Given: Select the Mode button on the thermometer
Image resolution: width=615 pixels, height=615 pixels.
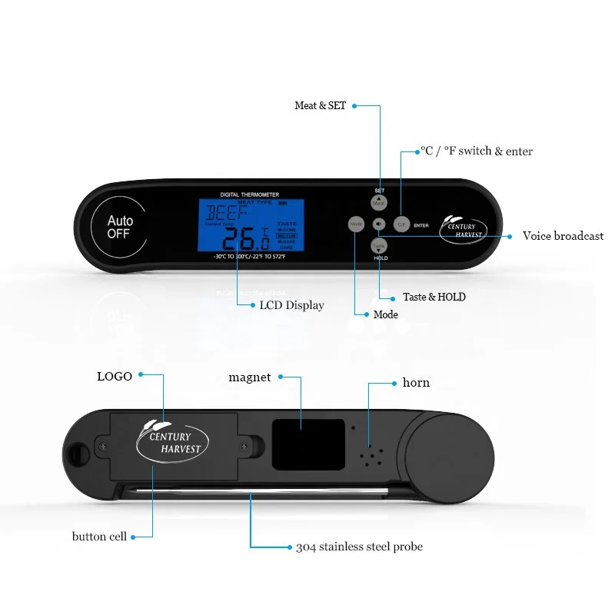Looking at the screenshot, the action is (x=356, y=224).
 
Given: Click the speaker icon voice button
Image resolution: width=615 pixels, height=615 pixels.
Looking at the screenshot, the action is (x=379, y=224).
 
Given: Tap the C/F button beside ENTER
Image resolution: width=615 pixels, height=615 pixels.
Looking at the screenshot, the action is (x=401, y=224).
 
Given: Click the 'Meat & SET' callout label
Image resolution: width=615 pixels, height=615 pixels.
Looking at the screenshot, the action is (x=320, y=105).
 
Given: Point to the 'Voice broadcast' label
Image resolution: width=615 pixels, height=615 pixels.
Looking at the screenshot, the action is (x=563, y=236).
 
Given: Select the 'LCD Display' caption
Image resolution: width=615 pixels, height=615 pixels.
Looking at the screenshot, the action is (x=291, y=305).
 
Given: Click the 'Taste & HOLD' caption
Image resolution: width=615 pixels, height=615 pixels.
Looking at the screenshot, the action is (x=434, y=297).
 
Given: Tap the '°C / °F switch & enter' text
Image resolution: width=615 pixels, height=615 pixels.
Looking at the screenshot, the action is (x=476, y=151).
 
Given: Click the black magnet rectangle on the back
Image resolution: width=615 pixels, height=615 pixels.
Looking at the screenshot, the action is (x=307, y=444).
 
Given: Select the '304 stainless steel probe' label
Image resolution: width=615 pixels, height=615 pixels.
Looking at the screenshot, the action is (x=359, y=547).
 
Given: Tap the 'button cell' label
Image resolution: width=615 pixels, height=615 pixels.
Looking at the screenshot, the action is (x=99, y=536).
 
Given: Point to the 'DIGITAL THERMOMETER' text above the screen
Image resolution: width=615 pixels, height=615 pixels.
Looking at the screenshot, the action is (x=250, y=194).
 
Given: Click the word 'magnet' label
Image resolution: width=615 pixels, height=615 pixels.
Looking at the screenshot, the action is (x=250, y=377).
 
